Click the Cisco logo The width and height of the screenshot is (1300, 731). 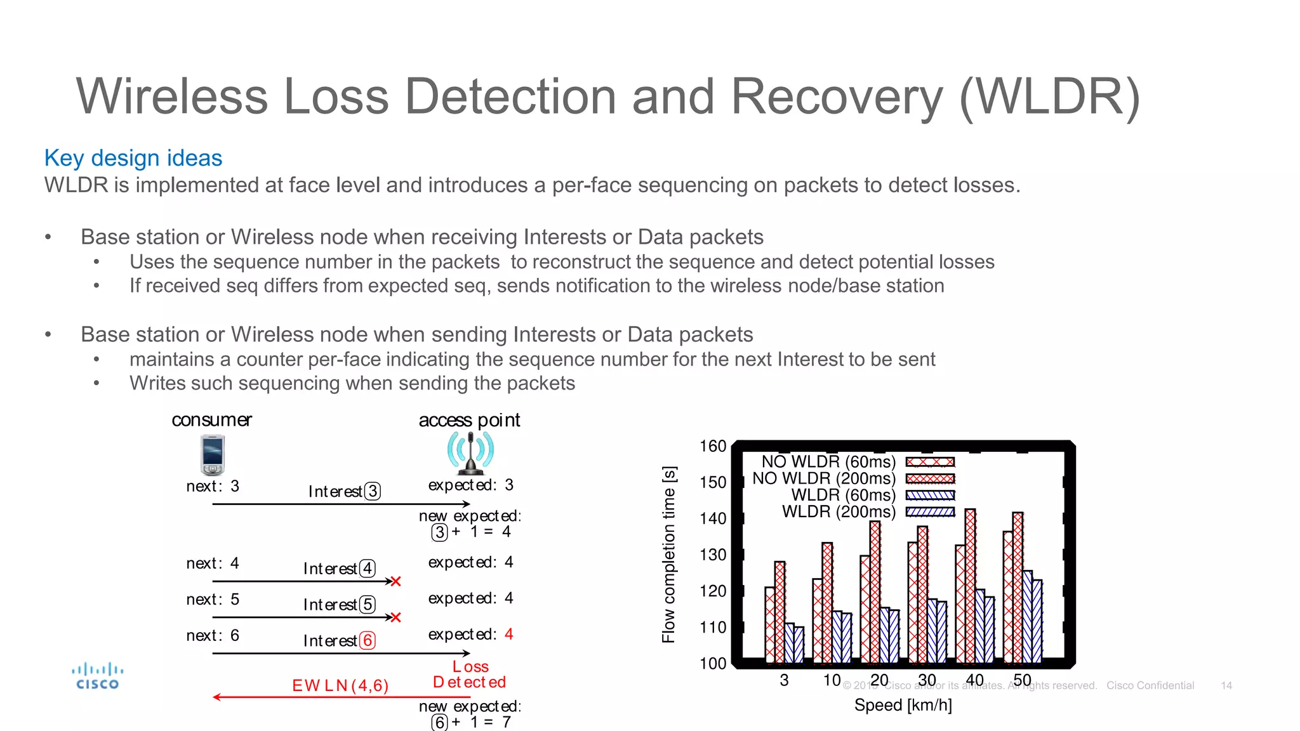(x=97, y=676)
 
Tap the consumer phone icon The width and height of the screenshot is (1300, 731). (x=212, y=454)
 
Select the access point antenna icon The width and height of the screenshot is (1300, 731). (x=470, y=452)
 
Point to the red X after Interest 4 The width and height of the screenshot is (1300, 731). (x=395, y=581)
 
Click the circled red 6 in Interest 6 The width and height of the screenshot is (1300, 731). (x=367, y=640)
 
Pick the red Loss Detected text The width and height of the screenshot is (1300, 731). (x=470, y=675)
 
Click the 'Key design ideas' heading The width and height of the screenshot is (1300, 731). (x=133, y=158)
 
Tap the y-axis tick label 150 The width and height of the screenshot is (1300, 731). (x=712, y=482)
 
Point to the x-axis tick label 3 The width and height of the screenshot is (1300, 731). (x=784, y=680)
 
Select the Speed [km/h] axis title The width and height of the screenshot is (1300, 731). (x=903, y=705)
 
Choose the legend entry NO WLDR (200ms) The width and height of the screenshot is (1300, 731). (x=824, y=478)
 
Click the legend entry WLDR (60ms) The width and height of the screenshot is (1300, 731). (x=843, y=495)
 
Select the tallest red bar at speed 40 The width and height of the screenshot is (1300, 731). (x=970, y=584)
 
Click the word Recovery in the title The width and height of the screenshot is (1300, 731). (x=837, y=96)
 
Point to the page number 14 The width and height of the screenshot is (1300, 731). (x=1226, y=686)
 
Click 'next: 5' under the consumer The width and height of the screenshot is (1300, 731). (x=213, y=600)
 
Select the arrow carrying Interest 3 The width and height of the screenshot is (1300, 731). (x=341, y=504)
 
